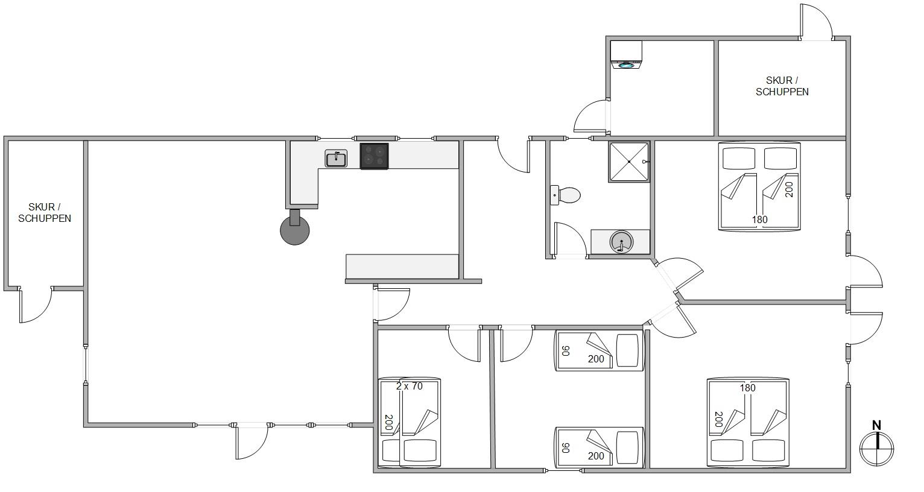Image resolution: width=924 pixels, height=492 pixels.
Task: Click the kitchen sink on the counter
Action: tap(336, 159)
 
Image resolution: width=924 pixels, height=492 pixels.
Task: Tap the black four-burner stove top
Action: tap(374, 156)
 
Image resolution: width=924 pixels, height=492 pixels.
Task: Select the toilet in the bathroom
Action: tap(566, 195)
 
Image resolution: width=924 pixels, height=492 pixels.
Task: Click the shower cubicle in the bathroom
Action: tap(629, 162)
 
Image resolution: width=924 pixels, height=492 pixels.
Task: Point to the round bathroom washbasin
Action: tap(621, 242)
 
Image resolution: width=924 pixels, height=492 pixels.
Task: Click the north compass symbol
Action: tap(876, 448)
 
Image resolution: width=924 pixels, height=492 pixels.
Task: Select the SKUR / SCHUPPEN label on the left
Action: tap(45, 213)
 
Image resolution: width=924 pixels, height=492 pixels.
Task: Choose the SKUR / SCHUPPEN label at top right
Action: tap(782, 86)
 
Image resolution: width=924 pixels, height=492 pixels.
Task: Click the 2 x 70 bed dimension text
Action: tap(410, 386)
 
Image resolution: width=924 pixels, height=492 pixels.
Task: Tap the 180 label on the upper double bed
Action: tap(760, 219)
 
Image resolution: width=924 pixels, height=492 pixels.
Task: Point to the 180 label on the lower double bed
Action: tap(747, 388)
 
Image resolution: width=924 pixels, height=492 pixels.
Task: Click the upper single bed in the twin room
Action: tap(599, 350)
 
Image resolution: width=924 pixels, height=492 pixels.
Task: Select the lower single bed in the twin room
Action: tap(599, 447)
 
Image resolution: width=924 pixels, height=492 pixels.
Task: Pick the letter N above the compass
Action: tap(876, 426)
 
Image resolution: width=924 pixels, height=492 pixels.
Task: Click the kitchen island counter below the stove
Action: tap(402, 266)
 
